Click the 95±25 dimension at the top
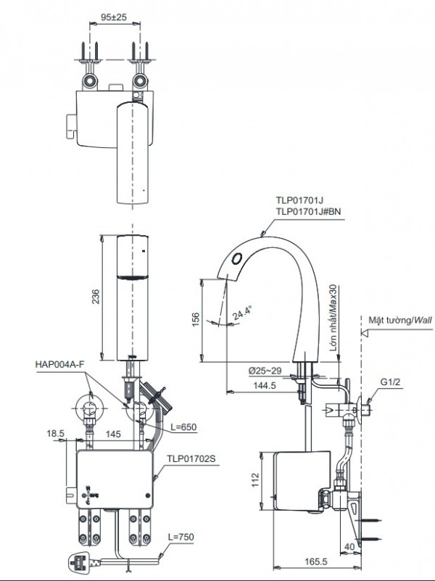[x=113, y=14]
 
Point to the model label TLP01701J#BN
[x=297, y=211]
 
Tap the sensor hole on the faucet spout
[x=237, y=257]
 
